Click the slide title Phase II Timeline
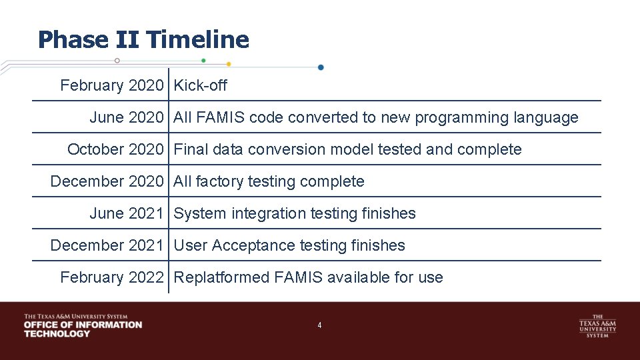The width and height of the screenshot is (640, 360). tap(143, 40)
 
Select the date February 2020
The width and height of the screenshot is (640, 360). tap(111, 85)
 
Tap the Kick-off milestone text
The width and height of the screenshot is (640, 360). tap(200, 85)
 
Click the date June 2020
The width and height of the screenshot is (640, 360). tap(126, 117)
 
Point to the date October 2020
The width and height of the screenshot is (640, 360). tap(115, 149)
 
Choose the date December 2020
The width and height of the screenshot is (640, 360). tap(107, 181)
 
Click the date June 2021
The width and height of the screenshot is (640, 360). tap(126, 213)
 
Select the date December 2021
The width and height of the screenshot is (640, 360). tap(107, 245)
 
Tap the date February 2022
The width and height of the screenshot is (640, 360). tap(111, 277)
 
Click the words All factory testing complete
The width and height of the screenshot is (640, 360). tap(269, 181)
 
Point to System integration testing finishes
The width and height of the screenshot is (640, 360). tap(295, 213)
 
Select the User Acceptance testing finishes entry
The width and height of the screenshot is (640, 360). tap(289, 245)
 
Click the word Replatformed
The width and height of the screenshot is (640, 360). tap(221, 277)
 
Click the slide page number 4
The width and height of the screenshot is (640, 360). tap(319, 325)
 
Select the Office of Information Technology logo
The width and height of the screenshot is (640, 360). tap(83, 325)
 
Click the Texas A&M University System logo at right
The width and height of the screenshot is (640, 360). tap(597, 325)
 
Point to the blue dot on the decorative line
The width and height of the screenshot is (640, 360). tap(321, 67)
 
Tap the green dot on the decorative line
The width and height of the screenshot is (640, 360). tap(203, 60)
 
